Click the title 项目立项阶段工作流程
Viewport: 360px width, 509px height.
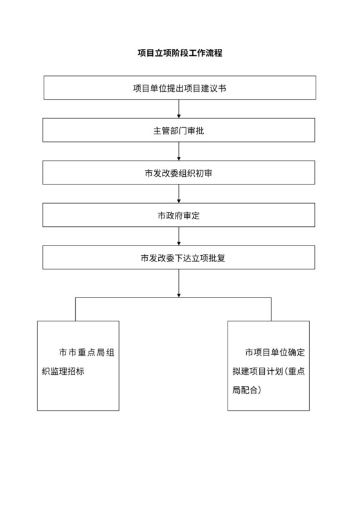click(179, 53)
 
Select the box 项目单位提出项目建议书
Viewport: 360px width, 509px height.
click(179, 88)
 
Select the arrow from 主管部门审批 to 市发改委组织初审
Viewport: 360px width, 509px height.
click(179, 152)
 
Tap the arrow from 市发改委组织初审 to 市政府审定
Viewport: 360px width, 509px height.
click(179, 194)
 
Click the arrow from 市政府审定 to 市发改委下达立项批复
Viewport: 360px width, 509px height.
click(179, 237)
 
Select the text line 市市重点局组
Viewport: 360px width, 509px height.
click(86, 353)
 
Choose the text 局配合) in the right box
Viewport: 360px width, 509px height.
click(247, 390)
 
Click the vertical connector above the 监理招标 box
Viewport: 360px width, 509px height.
click(76, 309)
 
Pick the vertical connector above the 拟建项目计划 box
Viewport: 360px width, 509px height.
click(271, 309)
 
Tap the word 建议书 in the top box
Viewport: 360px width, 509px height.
click(213, 88)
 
